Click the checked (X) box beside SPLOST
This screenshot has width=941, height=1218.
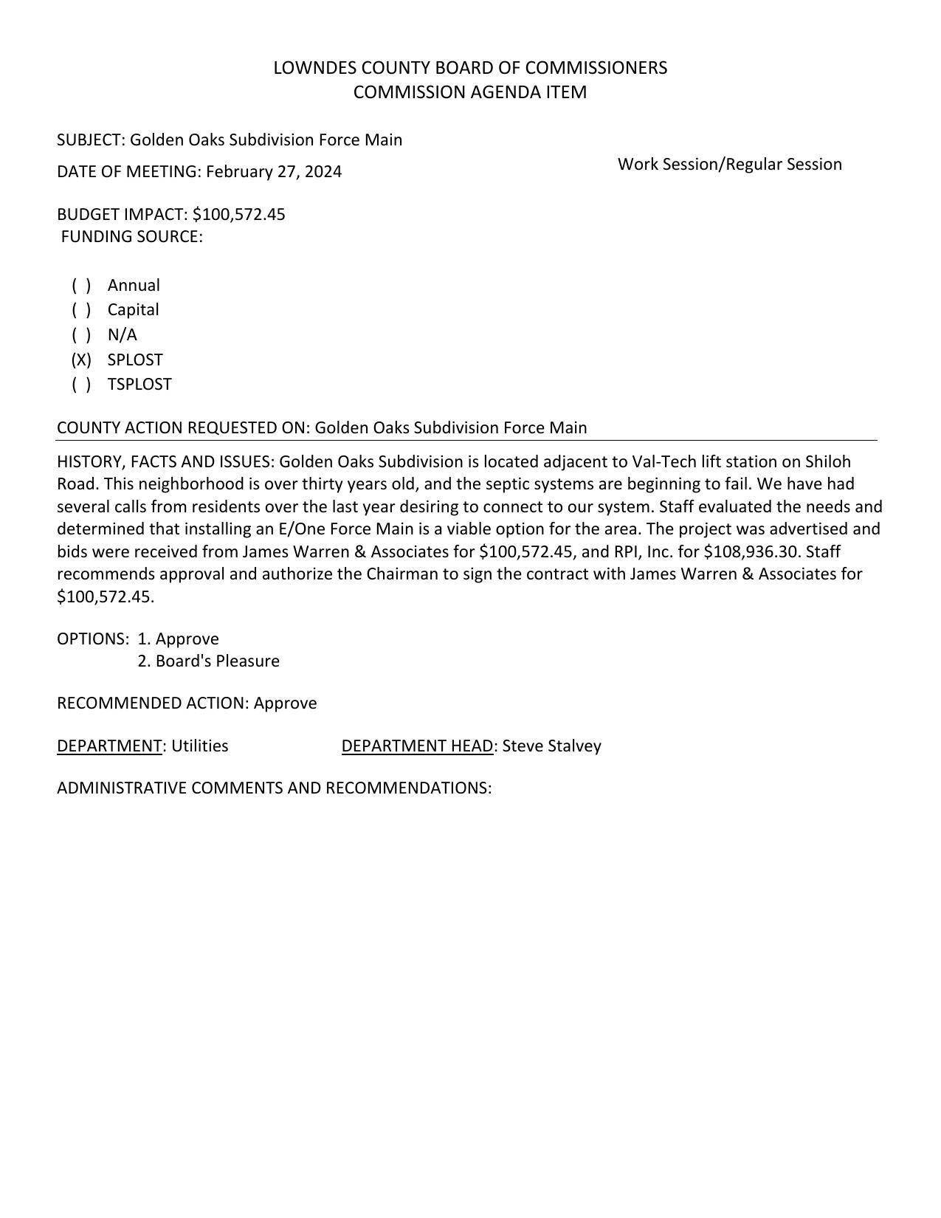pyautogui.click(x=81, y=360)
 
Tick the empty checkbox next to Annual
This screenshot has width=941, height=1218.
pyautogui.click(x=81, y=286)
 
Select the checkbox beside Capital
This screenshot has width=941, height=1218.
pyautogui.click(x=81, y=310)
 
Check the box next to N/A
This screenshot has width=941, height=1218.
pyautogui.click(x=81, y=335)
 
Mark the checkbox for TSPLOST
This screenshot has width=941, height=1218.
pyautogui.click(x=81, y=385)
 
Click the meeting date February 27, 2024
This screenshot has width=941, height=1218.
pyautogui.click(x=274, y=172)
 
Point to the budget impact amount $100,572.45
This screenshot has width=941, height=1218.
pyautogui.click(x=238, y=215)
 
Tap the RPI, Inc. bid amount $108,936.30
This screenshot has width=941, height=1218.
pyautogui.click(x=751, y=552)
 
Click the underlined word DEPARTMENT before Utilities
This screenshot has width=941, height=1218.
pyautogui.click(x=109, y=746)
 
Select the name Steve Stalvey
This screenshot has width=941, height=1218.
pyautogui.click(x=551, y=746)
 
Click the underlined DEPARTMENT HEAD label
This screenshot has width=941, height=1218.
pyautogui.click(x=417, y=746)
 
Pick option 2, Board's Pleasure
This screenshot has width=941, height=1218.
pyautogui.click(x=209, y=661)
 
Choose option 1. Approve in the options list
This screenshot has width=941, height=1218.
pyautogui.click(x=179, y=639)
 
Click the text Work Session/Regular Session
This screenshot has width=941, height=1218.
pyautogui.click(x=729, y=165)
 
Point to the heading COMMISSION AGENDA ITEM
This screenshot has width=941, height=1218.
pyautogui.click(x=470, y=92)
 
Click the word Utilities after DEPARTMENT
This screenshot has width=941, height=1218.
pyautogui.click(x=199, y=746)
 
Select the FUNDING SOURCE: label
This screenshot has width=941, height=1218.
pyautogui.click(x=131, y=237)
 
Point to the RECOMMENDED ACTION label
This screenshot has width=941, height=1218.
pyautogui.click(x=153, y=703)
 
